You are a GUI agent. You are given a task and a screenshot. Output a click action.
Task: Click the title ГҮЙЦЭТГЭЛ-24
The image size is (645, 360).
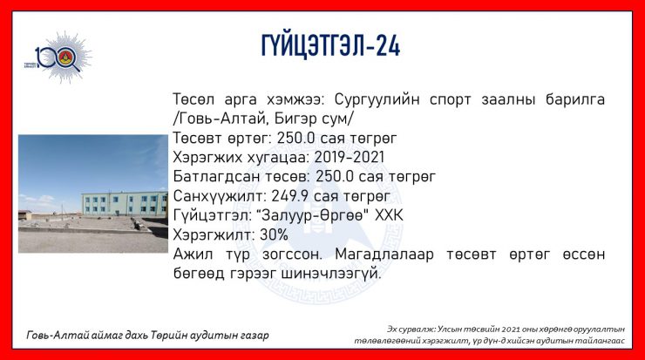[x=330, y=45]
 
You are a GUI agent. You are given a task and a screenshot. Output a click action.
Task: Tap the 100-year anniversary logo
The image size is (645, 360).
[x=58, y=58]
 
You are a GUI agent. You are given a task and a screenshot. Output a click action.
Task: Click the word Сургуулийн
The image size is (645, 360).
[x=377, y=99]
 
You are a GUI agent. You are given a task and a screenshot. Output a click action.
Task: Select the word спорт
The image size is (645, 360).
[x=450, y=100]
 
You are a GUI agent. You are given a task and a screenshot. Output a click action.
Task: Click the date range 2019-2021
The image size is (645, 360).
[x=350, y=157]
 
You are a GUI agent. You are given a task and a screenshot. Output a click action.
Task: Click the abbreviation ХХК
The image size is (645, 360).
[x=389, y=215]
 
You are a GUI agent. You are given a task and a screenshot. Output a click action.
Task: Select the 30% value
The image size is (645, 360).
[x=274, y=235]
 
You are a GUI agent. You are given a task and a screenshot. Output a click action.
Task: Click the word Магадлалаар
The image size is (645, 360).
[x=384, y=255]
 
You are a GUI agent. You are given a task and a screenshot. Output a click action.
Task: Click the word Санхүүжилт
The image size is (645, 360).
[x=220, y=196]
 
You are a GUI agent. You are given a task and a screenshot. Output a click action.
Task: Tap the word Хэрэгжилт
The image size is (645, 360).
[x=214, y=235]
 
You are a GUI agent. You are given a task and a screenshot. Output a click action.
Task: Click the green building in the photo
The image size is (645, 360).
[x=125, y=203]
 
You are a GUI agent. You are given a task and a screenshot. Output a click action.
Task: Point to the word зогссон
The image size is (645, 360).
[x=292, y=255]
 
